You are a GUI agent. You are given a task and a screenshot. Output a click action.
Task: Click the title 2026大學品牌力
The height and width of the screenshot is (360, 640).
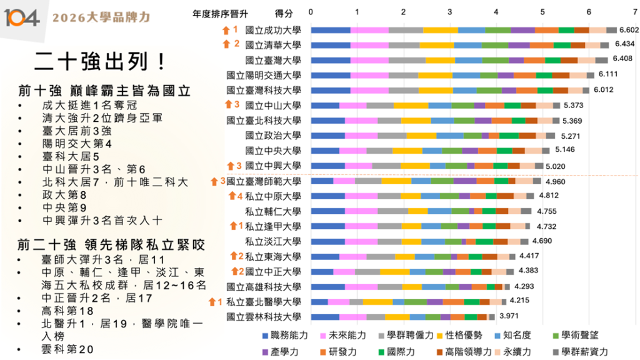point(101,17)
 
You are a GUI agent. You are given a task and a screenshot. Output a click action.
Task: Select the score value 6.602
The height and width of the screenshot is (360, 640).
point(629,30)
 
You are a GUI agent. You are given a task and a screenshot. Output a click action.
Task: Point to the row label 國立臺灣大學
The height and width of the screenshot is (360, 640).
point(273,60)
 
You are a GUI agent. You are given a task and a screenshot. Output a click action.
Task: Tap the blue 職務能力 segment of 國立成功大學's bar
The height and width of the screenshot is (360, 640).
point(331,30)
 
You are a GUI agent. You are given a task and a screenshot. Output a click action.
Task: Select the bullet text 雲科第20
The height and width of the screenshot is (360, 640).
point(69,349)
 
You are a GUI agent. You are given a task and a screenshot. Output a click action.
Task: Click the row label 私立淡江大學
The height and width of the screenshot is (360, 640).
point(273,241)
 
